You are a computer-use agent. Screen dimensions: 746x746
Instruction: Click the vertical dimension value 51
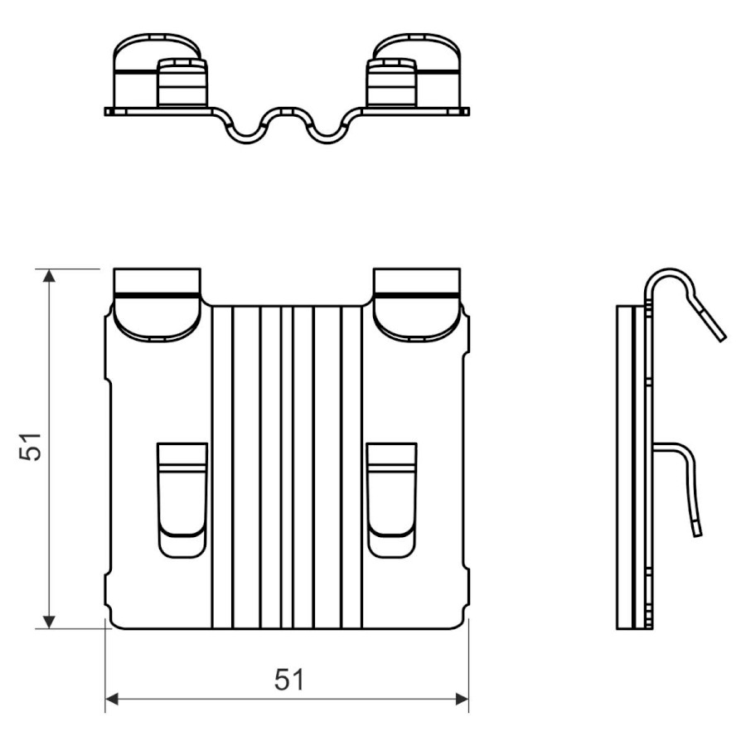(31, 446)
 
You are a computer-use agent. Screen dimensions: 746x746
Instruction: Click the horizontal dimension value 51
(288, 680)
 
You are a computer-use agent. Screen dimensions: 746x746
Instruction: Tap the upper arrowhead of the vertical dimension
(49, 275)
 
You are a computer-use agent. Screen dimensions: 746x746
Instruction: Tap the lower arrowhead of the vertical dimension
(49, 622)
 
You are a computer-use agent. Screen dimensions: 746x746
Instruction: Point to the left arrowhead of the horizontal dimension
(111, 700)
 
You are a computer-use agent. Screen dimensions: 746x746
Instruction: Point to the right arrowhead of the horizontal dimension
(462, 700)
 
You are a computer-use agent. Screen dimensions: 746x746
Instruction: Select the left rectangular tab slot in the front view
(182, 500)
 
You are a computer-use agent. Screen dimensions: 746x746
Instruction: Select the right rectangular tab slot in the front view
(392, 500)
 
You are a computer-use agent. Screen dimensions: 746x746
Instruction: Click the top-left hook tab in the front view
(157, 304)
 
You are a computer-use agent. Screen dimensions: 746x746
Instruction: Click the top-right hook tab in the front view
(417, 304)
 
